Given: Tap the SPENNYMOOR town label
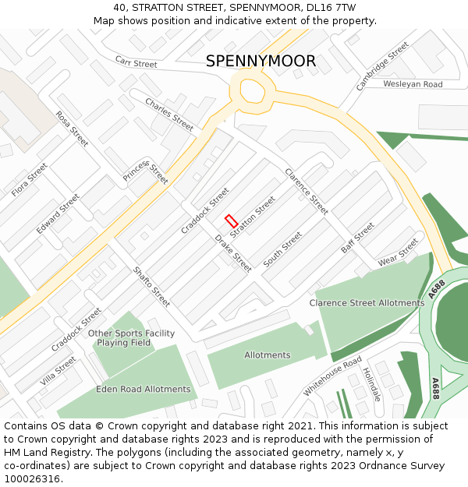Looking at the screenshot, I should pos(261,62).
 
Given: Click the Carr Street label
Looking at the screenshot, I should pos(136,62).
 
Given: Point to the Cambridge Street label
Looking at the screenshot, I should pos(382,66).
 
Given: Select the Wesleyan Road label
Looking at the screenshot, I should pos(413,84).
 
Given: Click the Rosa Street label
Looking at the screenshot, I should pos(72,129).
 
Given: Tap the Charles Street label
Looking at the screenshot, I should pos(169,115).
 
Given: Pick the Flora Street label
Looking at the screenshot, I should pos(30,179).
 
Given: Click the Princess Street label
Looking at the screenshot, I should pos(146,173).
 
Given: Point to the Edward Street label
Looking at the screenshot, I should pos(58,214).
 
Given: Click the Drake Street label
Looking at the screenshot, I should pos(233,252).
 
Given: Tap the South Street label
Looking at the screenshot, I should pos(282,249).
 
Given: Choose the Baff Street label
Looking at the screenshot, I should pos(357,238).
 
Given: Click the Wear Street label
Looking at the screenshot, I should pos(398,252).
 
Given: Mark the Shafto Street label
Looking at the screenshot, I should pos(151,286).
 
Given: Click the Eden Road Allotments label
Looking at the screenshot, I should pos(144,389).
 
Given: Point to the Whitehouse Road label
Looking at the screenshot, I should pos(332,376).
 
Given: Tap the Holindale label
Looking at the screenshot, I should pos(372,384).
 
